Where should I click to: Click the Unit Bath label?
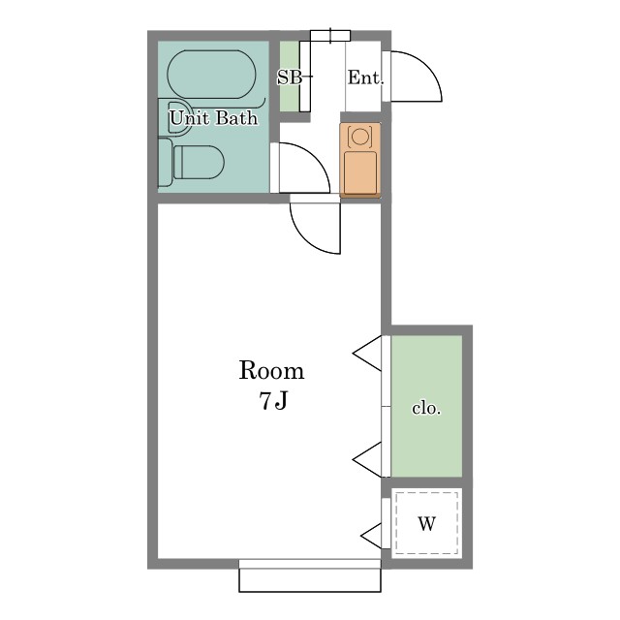(x=213, y=118)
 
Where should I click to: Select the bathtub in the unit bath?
(x=211, y=74)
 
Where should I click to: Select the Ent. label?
(x=364, y=78)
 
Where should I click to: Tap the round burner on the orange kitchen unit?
(x=359, y=137)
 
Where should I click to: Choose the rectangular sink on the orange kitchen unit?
(x=359, y=170)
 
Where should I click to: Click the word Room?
(x=271, y=371)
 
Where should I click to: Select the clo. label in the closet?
(x=426, y=409)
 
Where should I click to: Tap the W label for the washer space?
(x=426, y=525)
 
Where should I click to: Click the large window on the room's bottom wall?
(x=310, y=575)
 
